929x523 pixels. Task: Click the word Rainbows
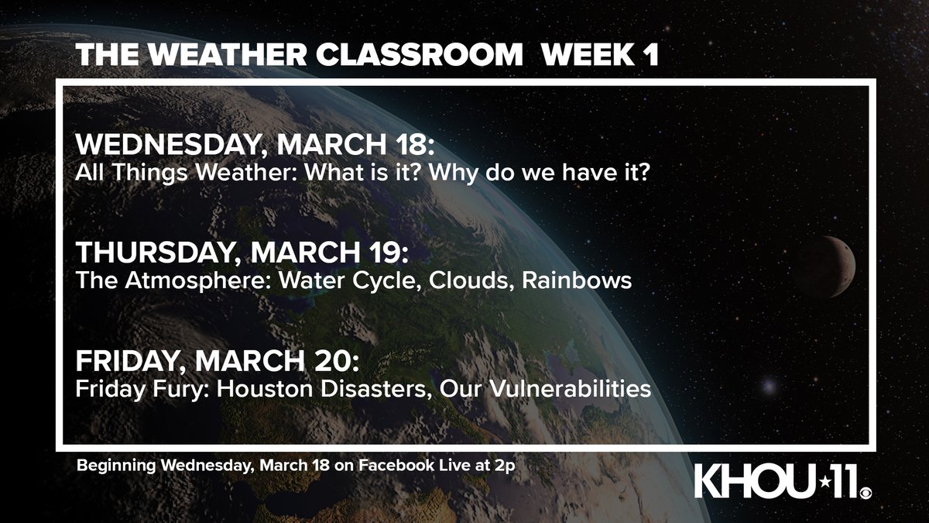578,280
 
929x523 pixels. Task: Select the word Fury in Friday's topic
185,389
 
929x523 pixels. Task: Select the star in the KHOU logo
813,482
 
